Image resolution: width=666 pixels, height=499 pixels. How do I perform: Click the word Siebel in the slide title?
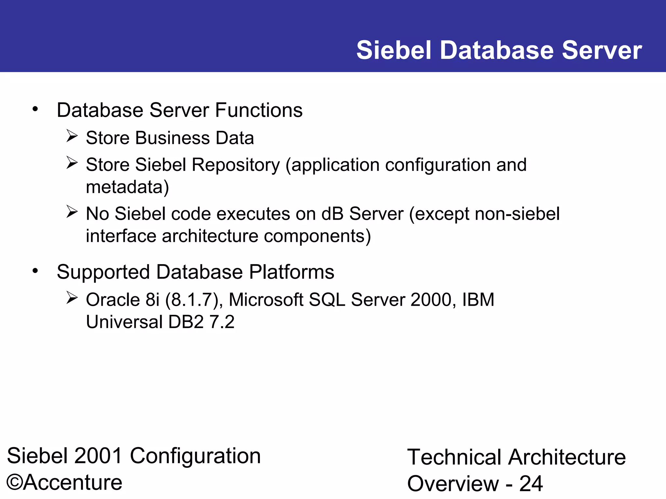coord(394,50)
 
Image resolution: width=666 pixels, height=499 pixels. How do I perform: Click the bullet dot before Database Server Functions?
coord(35,109)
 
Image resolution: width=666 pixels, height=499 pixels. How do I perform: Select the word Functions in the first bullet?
coord(259,110)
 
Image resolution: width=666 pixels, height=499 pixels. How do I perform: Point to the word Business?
coord(173,138)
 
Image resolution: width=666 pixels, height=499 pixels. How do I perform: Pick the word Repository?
coord(235,165)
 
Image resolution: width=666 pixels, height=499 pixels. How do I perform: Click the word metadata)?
coord(127,187)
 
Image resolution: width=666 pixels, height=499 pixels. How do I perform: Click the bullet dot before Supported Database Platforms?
coord(35,271)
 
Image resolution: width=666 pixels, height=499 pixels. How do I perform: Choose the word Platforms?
coord(291,272)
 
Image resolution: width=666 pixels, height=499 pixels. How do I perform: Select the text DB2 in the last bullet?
coord(186,322)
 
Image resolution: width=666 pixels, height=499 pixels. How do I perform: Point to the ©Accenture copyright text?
coord(64,482)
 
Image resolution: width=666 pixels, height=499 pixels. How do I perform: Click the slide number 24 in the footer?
coord(531,484)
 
